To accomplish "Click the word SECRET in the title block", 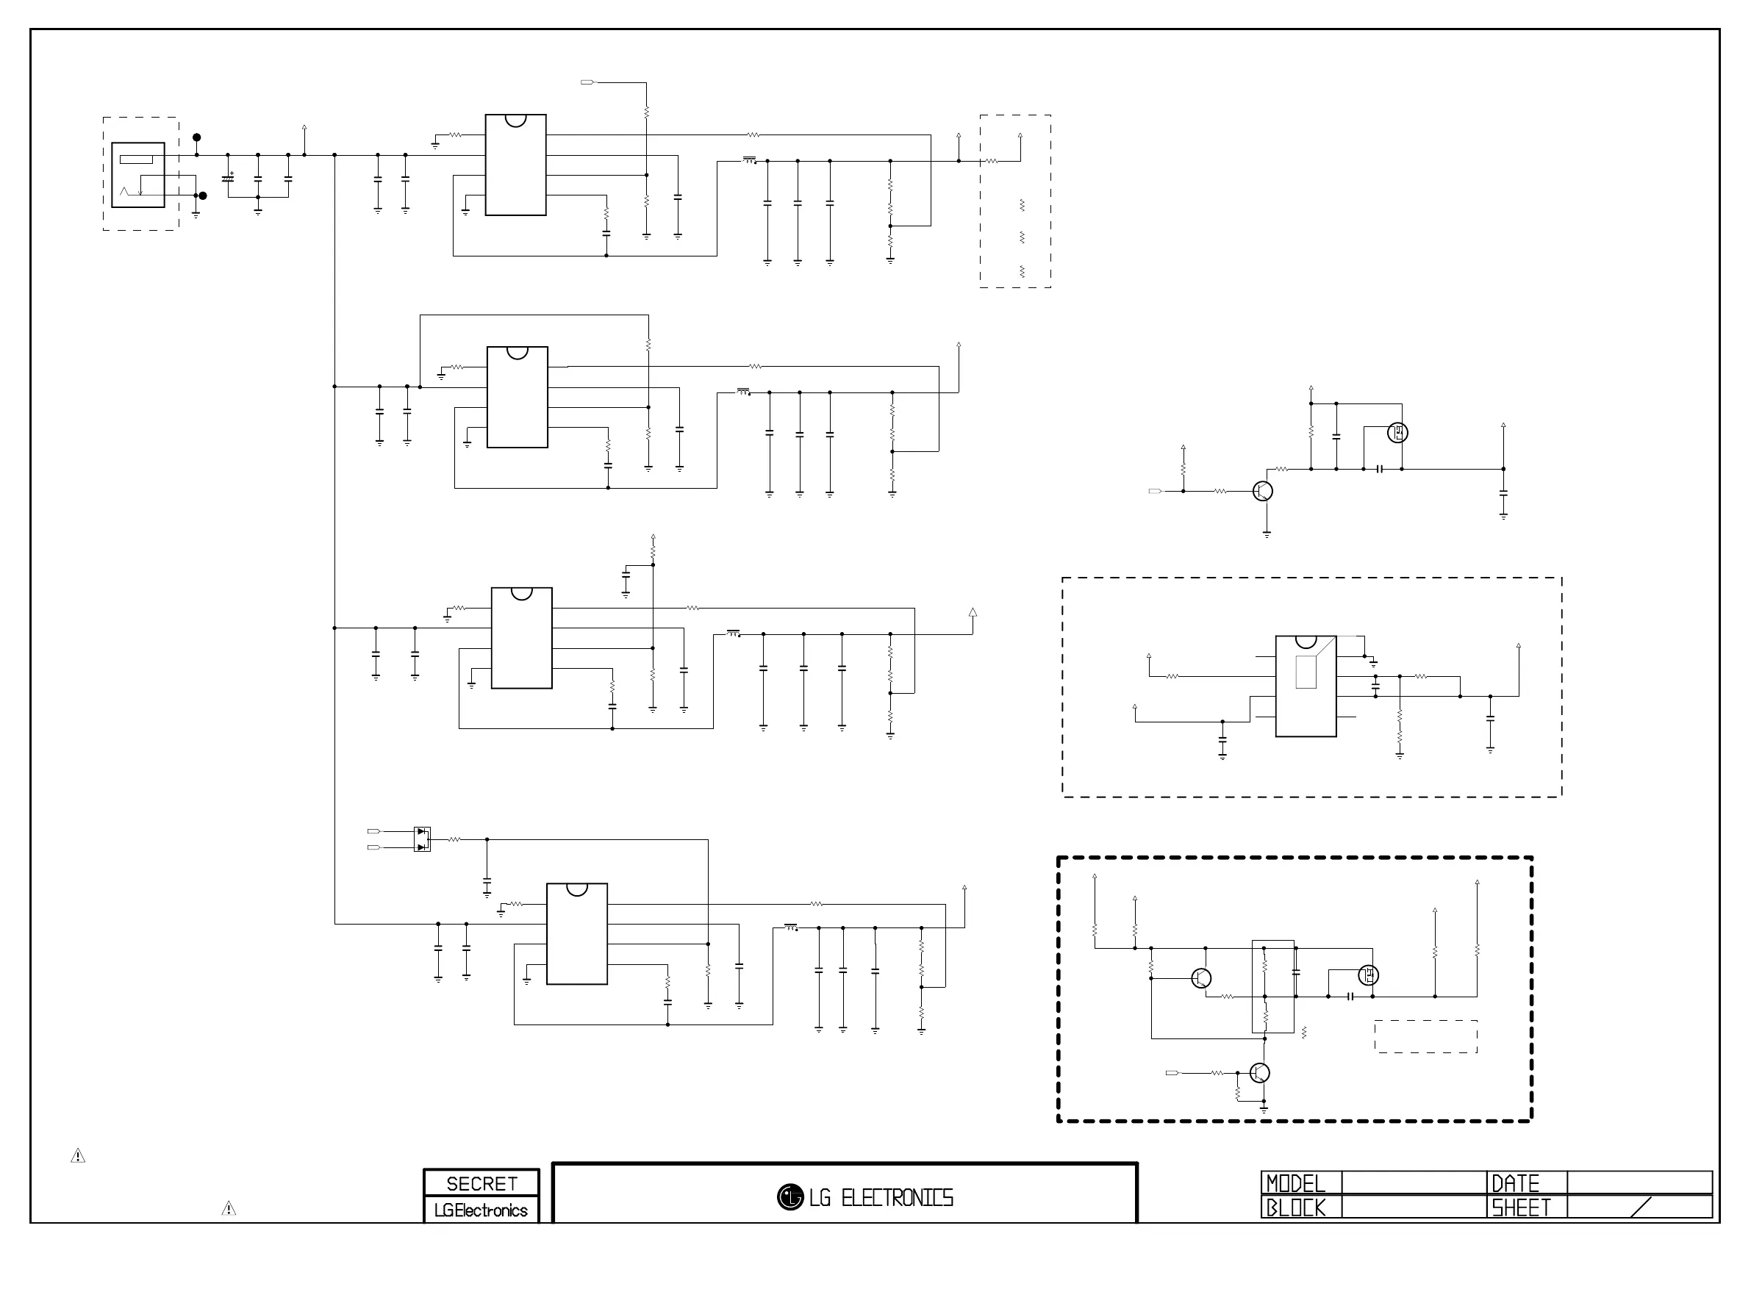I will coord(481,1183).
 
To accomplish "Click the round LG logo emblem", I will coord(790,1196).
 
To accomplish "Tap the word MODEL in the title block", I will coord(1296,1182).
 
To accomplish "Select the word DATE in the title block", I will coord(1516,1182).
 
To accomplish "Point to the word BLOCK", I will coord(1296,1207).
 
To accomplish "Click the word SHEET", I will coord(1520,1207).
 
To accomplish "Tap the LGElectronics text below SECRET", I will coord(481,1210).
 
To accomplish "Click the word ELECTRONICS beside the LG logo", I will coord(897,1198).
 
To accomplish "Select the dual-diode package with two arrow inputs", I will coord(421,839).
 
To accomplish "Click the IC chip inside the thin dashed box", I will coord(1306,686).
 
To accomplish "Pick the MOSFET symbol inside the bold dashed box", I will coord(1368,975).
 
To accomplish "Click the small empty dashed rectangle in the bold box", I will coord(1425,1036).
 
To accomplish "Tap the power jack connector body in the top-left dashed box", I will coord(137,174).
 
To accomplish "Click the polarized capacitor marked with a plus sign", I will coord(228,179).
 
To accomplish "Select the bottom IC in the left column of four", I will coord(576,933).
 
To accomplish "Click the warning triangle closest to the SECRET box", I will coord(229,1208).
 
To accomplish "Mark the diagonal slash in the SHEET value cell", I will coord(1641,1207).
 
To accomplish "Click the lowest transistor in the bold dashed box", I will coord(1259,1073).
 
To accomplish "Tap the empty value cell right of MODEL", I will coord(1414,1182).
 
